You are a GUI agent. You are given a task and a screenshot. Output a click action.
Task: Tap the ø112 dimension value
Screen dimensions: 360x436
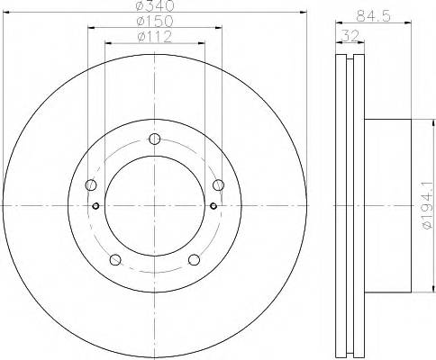click(x=155, y=38)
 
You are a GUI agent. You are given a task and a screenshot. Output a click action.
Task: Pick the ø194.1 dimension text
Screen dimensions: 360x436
click(x=427, y=205)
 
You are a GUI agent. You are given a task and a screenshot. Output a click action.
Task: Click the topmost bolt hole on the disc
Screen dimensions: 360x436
click(x=155, y=139)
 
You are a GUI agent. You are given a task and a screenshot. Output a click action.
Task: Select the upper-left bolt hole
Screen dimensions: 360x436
click(x=91, y=185)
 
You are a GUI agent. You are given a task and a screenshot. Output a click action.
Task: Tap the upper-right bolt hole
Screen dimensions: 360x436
click(x=218, y=185)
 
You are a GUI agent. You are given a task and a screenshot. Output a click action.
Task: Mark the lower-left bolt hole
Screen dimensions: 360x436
click(x=115, y=261)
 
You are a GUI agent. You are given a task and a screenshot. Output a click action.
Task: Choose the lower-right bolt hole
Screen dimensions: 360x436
click(x=195, y=261)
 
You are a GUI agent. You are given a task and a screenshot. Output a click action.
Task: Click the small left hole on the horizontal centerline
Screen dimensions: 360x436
click(x=96, y=206)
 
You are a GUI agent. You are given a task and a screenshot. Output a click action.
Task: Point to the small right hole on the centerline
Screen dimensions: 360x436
click(x=213, y=206)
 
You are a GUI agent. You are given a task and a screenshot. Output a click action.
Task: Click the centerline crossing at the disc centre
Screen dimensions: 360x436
click(x=155, y=206)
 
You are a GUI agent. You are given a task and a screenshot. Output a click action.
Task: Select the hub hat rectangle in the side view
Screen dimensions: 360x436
click(x=387, y=206)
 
